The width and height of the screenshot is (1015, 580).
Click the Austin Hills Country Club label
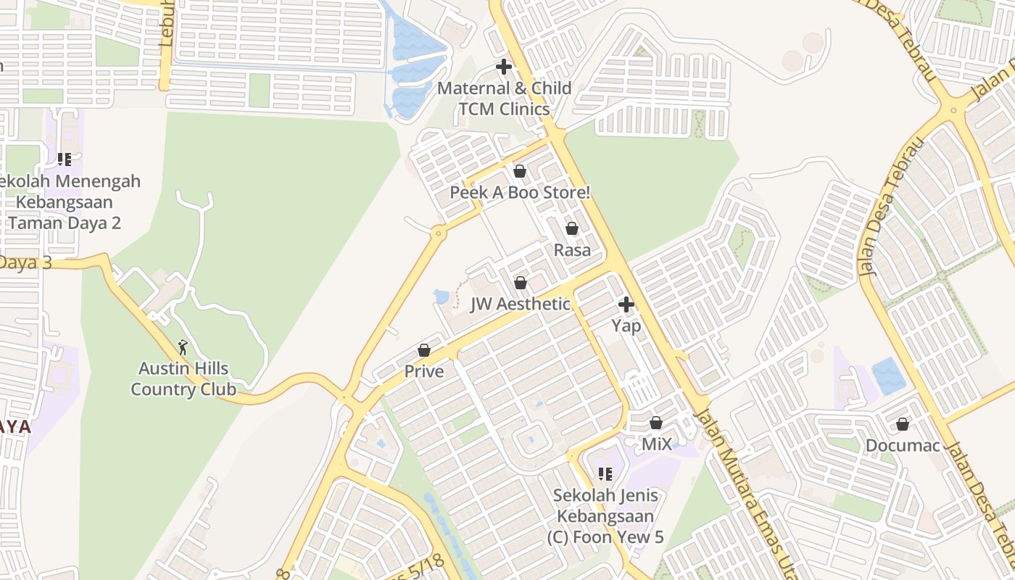(183, 379)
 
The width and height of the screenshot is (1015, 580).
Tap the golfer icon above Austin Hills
(183, 347)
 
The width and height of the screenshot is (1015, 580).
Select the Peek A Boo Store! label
(520, 193)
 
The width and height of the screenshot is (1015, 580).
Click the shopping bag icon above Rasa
(572, 228)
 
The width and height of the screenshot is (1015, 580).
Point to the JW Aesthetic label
(521, 304)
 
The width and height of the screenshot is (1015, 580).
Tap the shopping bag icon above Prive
(424, 350)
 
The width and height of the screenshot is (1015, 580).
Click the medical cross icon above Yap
(626, 304)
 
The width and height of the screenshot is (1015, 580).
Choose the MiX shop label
(657, 444)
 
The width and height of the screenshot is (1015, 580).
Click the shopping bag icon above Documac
(903, 423)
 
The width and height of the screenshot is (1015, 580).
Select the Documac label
(903, 445)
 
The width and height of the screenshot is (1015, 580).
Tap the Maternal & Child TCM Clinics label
(505, 99)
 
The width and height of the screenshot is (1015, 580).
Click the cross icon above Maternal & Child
(504, 67)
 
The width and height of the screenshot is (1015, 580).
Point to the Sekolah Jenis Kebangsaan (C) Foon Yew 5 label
(605, 516)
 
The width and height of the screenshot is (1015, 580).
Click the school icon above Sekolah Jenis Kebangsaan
(605, 474)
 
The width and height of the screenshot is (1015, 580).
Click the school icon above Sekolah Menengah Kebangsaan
(65, 159)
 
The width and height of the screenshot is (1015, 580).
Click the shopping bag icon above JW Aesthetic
(521, 283)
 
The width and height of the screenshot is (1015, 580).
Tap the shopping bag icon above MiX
(656, 422)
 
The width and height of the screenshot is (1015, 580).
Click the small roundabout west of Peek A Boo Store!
(437, 233)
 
